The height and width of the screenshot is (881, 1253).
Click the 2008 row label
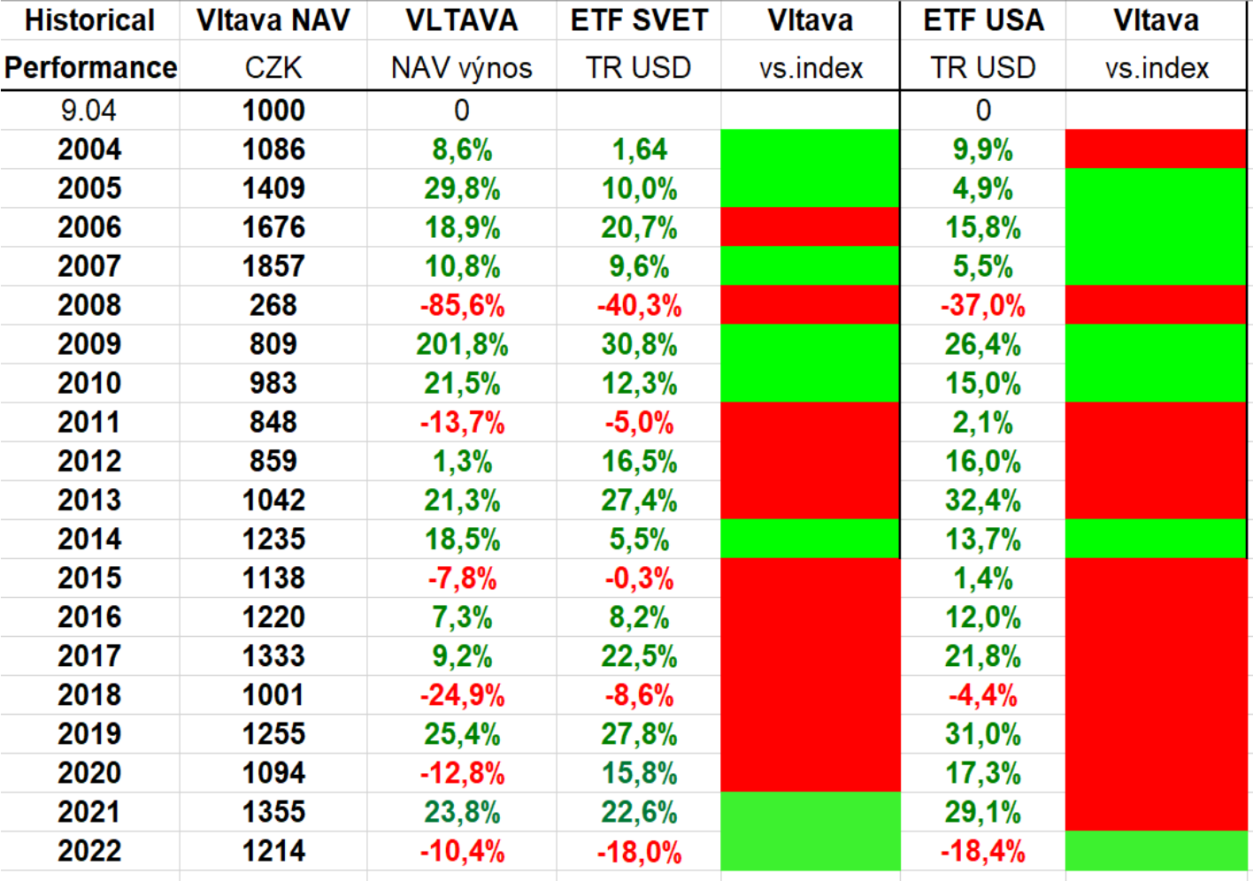[x=89, y=305]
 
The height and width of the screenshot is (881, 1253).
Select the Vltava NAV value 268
[x=273, y=305]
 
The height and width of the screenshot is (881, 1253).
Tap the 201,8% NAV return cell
[x=462, y=344]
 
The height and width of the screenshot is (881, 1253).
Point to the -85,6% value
[x=462, y=306]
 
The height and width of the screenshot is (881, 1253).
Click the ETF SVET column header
[x=639, y=20]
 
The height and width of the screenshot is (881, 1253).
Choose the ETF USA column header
[x=983, y=20]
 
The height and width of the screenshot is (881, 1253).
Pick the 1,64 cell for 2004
[x=639, y=149]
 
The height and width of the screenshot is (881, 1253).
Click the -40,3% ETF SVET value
[x=639, y=306]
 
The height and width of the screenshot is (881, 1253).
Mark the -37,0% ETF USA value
[x=982, y=306]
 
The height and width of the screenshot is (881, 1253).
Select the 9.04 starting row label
[x=88, y=111]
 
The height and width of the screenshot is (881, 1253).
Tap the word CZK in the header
[x=273, y=67]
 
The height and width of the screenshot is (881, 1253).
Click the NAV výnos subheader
[x=462, y=68]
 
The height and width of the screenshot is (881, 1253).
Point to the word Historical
[x=89, y=20]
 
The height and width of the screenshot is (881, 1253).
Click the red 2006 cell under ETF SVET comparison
[x=810, y=227]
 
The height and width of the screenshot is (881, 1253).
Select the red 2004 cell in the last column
[x=1156, y=149]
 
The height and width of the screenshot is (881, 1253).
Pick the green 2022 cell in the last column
[x=1156, y=851]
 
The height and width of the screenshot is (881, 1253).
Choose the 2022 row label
[x=89, y=851]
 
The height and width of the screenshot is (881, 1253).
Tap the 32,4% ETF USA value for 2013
[x=982, y=501]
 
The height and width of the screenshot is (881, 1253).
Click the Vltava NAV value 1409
[x=273, y=188]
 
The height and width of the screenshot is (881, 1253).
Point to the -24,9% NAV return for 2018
[x=462, y=695]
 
